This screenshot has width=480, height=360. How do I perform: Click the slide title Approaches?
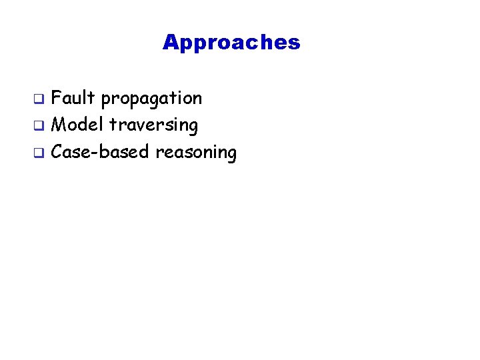tap(231, 43)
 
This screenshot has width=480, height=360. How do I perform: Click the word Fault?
tap(73, 99)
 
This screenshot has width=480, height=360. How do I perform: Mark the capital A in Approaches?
tap(170, 43)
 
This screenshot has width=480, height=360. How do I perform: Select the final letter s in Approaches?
tap(295, 44)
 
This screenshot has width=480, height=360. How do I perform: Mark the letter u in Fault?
tap(77, 99)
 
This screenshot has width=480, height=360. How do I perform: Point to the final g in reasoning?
tap(231, 155)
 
